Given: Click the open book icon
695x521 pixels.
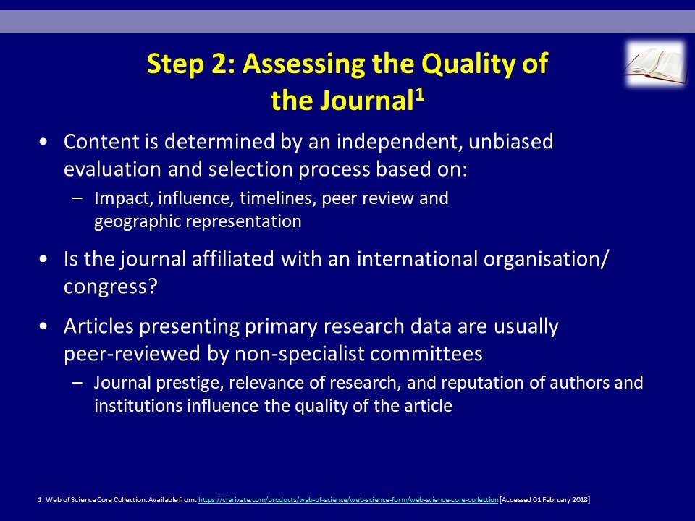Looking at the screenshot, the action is (655, 64).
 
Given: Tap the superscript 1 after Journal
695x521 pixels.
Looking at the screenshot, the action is (420, 95).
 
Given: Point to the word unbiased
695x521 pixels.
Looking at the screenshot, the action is (510, 142).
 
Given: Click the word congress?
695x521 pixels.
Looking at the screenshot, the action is (110, 287).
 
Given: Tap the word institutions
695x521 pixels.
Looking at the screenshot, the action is (138, 406).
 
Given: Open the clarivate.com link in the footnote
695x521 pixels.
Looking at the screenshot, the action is (348, 500).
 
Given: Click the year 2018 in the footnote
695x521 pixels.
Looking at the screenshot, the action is (581, 500).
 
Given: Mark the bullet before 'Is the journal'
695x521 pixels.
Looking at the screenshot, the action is (43, 259).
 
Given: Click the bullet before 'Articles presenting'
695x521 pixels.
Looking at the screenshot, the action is (43, 326).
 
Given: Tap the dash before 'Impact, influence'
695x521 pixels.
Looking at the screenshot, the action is (77, 198).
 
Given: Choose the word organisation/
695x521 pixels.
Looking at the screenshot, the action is (546, 259).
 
